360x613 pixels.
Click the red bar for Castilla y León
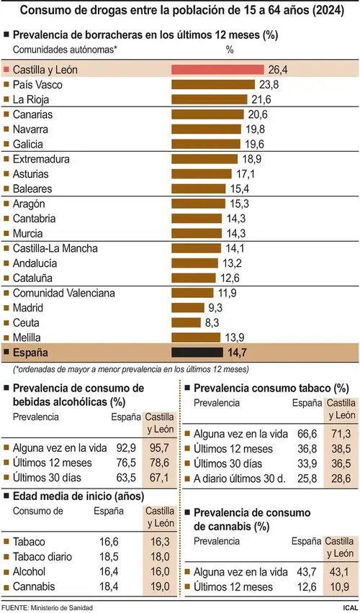pos(217,70)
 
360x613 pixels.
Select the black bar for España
pos(197,353)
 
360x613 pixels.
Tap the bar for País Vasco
pos(213,84)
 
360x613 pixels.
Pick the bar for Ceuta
pos(186,322)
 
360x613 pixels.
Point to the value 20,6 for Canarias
pos(259,114)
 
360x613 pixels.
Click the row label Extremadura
pos(42,159)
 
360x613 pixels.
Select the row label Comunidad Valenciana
pos(64,293)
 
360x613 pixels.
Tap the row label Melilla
pos(27,337)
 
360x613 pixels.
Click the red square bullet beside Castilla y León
pos(6,70)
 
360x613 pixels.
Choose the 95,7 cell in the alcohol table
pos(160,448)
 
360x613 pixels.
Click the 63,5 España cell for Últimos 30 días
pos(126,478)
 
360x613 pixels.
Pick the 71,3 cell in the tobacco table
pos(341,434)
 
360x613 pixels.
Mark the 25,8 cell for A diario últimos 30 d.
pos(305,478)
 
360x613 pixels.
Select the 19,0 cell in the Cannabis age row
pos(160,586)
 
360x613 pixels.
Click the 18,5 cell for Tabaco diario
pos(109,557)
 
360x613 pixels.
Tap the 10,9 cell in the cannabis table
pos(341,587)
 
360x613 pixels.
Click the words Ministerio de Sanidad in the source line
pos(62,608)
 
